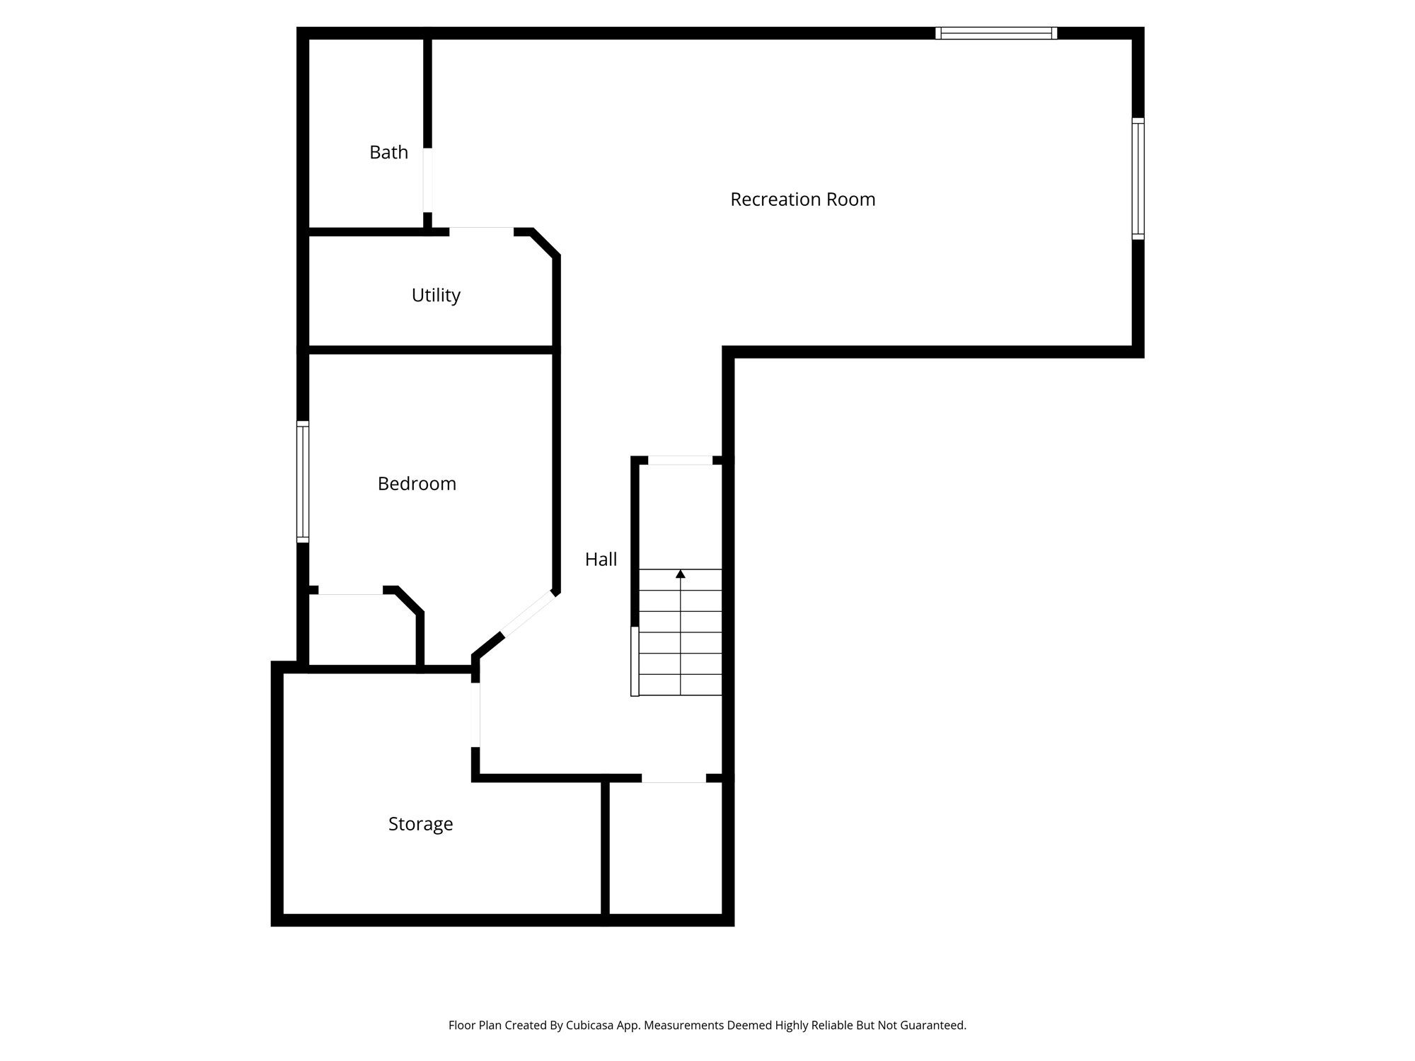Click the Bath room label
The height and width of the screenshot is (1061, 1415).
[x=388, y=152]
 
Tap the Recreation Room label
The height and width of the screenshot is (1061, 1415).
[x=802, y=199]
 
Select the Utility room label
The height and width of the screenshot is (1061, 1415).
[x=436, y=295]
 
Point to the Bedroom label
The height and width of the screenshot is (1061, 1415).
[x=417, y=484]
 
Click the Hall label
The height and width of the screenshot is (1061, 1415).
[x=601, y=560]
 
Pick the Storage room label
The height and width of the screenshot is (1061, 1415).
[x=420, y=824]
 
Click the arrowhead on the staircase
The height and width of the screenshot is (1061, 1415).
[x=681, y=574]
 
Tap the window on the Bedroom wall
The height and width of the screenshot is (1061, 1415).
[x=303, y=482]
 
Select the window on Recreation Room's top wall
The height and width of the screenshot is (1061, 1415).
[x=996, y=33]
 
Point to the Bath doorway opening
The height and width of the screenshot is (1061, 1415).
[x=427, y=180]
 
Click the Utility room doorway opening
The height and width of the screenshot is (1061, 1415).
[x=481, y=231]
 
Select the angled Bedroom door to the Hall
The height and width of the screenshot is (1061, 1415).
[x=529, y=613]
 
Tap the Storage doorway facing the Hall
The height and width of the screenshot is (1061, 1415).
[x=475, y=714]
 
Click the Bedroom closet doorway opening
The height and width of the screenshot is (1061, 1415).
[x=350, y=590]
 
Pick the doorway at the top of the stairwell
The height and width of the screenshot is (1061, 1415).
[x=681, y=460]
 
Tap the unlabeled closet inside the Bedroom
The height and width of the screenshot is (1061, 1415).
[x=362, y=630]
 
